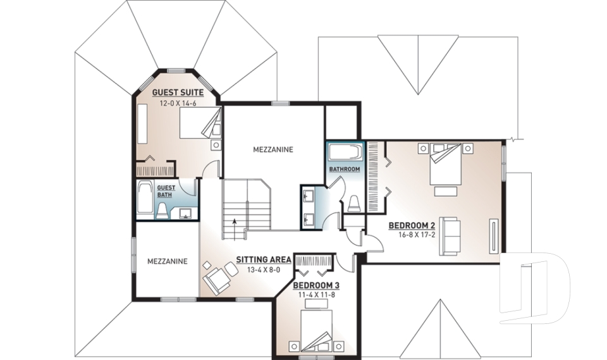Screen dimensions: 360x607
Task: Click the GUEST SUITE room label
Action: (x=178, y=92)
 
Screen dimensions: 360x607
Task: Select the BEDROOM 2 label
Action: (x=412, y=225)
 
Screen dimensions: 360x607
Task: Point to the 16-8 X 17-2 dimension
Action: (x=412, y=235)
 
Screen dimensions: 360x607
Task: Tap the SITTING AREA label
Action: (x=263, y=259)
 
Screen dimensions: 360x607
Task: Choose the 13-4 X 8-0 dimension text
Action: (x=262, y=270)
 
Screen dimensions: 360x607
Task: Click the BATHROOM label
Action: (x=345, y=170)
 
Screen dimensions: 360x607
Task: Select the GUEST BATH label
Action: (x=166, y=191)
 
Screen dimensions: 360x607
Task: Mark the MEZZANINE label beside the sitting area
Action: (x=167, y=260)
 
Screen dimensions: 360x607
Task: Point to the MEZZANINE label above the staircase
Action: (x=273, y=150)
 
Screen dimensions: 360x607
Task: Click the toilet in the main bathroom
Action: (x=354, y=202)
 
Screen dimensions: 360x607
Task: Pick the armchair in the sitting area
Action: (x=216, y=278)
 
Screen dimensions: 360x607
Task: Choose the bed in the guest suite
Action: (x=200, y=123)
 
